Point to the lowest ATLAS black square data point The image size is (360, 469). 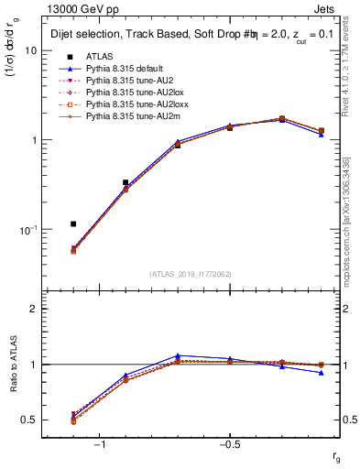click(x=73, y=224)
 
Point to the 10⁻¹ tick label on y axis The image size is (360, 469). click(x=27, y=229)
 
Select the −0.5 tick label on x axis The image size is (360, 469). click(x=229, y=443)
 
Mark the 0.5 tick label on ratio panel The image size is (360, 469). click(x=29, y=420)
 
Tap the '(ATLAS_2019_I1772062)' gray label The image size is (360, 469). click(x=191, y=273)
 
